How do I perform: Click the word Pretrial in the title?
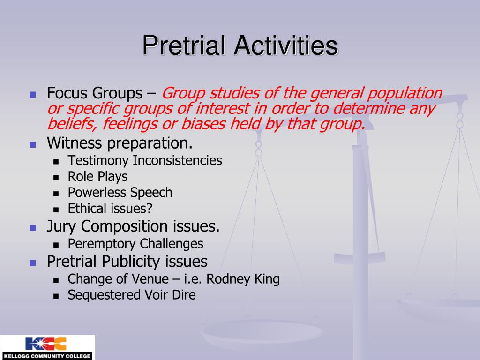tap(186, 45)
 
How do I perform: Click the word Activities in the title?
tap(286, 45)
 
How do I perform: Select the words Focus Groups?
tap(95, 93)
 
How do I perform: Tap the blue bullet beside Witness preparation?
tap(33, 144)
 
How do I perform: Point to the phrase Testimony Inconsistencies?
tap(145, 160)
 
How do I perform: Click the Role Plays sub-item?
tap(97, 177)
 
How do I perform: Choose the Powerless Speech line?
tap(120, 193)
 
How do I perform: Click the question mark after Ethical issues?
tap(149, 209)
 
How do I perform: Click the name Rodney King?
tap(243, 279)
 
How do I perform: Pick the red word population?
tap(405, 93)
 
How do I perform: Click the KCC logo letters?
tap(46, 344)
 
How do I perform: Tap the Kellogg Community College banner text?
tap(47, 356)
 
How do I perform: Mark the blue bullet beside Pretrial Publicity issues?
tap(33, 262)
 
